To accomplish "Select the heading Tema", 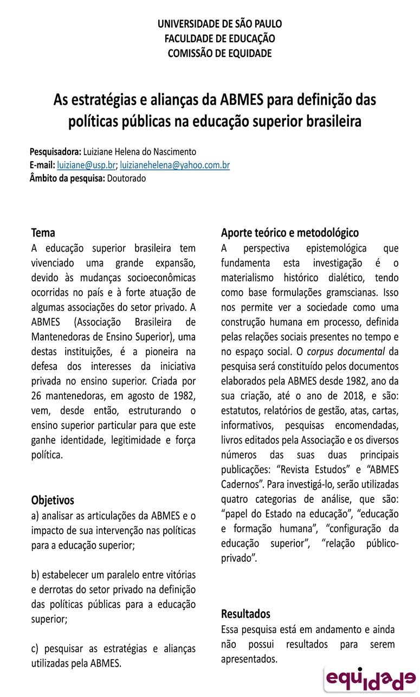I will click(43, 233).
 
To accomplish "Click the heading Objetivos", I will click(53, 500).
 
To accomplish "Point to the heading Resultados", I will click(245, 614).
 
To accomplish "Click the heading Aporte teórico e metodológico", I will click(290, 233).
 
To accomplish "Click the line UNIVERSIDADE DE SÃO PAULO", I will click(219, 24).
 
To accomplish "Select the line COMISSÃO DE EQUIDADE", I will click(219, 53).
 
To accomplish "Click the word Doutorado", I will click(126, 178).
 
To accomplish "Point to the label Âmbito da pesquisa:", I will click(67, 178).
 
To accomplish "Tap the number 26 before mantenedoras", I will click(37, 395).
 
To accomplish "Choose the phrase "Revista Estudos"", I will click(311, 468).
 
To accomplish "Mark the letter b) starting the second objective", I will click(36, 574).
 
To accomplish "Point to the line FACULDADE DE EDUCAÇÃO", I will click(219, 39).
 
